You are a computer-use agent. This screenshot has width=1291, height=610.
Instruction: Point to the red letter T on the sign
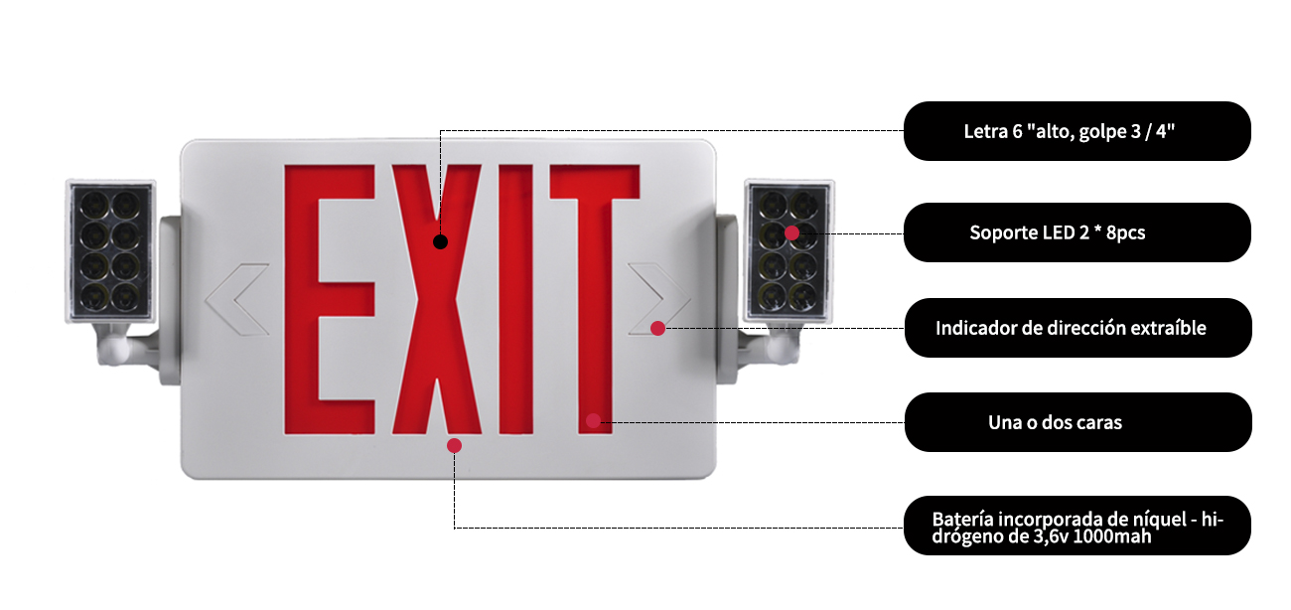(594, 288)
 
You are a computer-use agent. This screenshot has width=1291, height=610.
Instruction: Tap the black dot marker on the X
(441, 241)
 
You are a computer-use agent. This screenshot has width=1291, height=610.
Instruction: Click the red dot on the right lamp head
(791, 232)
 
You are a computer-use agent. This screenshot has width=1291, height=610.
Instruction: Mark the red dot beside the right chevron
(657, 328)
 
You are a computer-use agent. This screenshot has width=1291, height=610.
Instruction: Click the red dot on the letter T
(593, 420)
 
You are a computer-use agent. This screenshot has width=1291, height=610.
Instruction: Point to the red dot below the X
(454, 445)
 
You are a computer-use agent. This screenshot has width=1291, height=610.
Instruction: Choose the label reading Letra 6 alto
(1076, 131)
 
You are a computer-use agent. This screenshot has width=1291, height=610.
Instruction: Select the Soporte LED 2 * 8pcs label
(1076, 232)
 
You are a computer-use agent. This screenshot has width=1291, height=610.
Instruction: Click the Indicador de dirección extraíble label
(1076, 328)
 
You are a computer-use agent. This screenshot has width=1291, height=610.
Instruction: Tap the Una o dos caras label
(1076, 422)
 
